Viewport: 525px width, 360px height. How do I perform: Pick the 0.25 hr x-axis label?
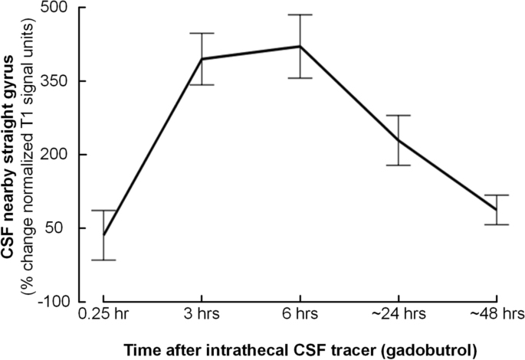103,315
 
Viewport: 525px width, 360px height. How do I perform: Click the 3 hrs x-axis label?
201,315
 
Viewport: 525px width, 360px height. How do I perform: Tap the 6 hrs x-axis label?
300,315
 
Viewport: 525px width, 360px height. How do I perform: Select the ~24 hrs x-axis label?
399,315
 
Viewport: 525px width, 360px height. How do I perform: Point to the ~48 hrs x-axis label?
497,315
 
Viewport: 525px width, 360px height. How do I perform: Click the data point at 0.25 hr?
103,235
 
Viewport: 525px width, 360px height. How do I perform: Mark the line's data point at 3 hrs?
201,59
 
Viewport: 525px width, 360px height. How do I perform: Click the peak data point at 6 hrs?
300,46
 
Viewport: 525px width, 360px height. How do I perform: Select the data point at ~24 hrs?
399,140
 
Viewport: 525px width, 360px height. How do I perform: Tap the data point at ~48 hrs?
497,210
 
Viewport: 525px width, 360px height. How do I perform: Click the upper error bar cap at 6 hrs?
300,15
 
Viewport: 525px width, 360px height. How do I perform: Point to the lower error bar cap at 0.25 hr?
103,260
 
